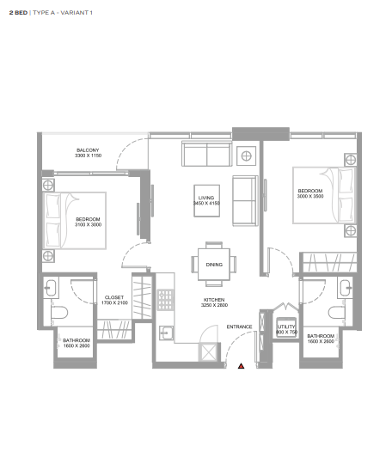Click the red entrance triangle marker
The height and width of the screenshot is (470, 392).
point(242,366)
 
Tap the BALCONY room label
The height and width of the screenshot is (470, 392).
point(88,150)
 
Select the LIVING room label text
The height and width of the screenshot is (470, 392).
point(206,198)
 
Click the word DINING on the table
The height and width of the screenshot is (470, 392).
point(214,265)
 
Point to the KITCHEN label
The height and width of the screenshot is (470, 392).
point(214,300)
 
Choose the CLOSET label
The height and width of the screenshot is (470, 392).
point(114,297)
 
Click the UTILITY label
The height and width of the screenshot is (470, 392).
point(286,327)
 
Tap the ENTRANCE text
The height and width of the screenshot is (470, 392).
point(239,327)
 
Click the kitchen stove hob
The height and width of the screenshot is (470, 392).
point(166,300)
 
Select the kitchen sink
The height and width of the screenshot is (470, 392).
point(166,333)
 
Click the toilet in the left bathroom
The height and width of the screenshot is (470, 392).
point(59,313)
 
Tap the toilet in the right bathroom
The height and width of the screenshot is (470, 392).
point(336,313)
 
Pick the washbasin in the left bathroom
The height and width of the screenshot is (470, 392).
point(51,288)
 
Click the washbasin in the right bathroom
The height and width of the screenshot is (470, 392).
point(345,288)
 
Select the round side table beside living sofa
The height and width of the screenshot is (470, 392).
point(246,156)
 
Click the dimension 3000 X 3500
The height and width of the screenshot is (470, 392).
point(310,196)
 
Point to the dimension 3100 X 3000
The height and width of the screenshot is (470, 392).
point(89,224)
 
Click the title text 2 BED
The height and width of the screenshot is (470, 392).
point(18,13)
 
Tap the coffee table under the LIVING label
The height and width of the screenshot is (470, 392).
point(206,200)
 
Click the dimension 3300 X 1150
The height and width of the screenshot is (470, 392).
point(89,156)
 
